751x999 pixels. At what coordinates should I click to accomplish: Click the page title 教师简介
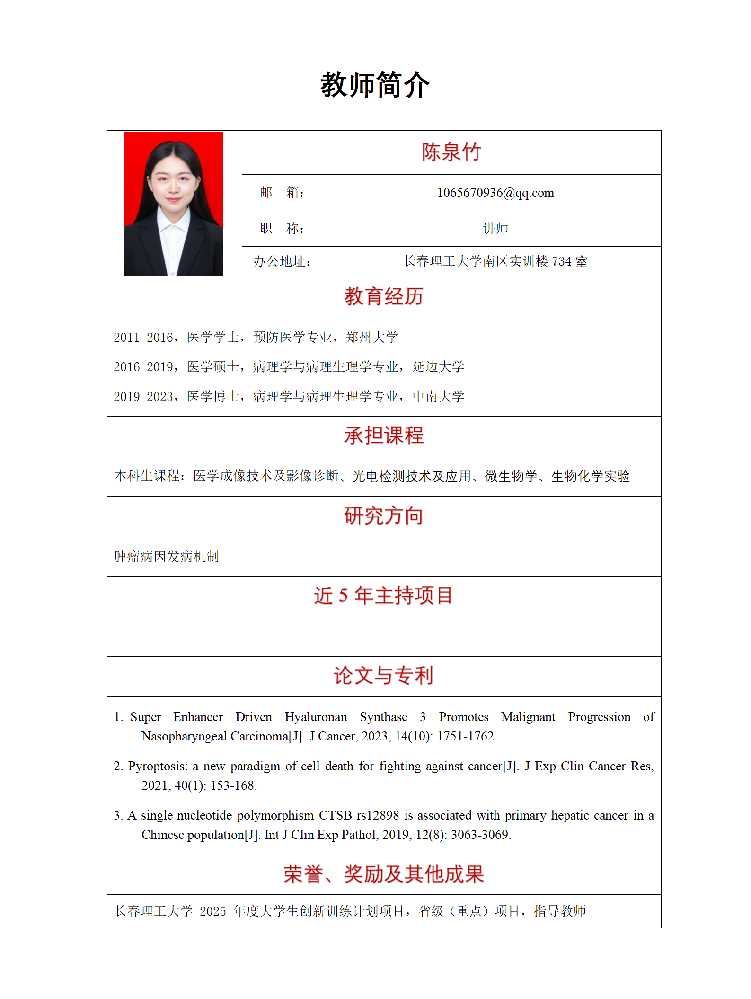375,85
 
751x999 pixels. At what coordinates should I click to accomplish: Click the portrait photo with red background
173,203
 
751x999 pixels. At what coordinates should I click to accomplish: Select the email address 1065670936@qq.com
495,193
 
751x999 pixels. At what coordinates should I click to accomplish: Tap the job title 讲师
495,229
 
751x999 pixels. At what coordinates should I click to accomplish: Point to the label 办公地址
282,261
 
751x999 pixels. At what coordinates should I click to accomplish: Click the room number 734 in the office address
562,261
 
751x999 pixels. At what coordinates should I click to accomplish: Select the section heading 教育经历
383,297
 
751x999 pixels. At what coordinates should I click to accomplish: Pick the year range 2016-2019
143,367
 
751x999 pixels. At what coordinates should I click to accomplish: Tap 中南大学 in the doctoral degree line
438,397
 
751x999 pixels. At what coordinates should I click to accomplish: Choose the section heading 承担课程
383,436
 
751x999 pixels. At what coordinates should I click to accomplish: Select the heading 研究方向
383,516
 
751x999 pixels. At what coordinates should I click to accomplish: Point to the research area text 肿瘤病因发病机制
167,556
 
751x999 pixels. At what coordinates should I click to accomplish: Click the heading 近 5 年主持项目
383,596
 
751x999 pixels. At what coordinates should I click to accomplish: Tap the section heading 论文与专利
383,676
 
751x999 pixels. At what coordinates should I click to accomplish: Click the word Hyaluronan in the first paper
316,717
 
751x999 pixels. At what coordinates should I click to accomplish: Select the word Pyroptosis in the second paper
158,767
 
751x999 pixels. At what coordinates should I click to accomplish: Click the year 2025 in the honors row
212,911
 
